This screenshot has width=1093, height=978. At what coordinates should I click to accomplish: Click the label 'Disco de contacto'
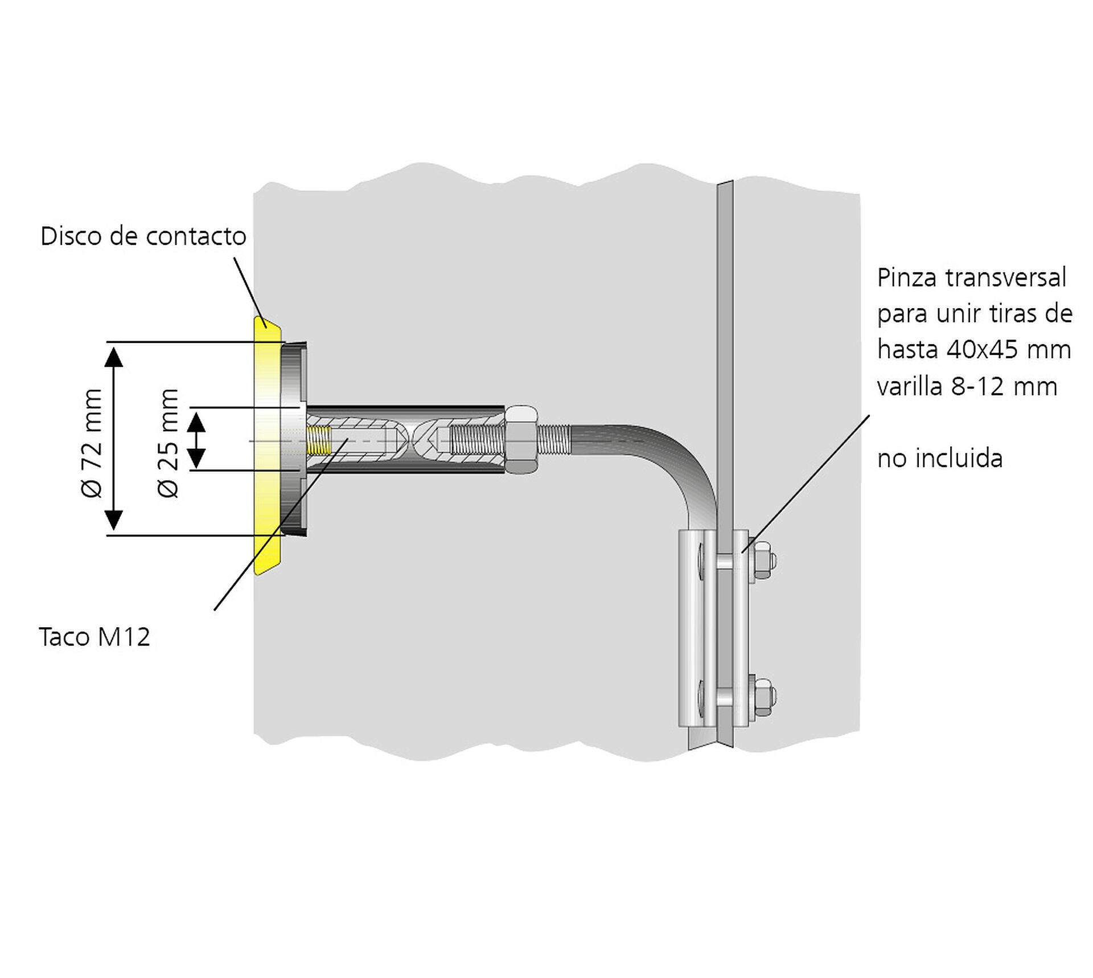(x=143, y=236)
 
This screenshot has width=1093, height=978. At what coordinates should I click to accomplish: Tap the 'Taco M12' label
(x=94, y=637)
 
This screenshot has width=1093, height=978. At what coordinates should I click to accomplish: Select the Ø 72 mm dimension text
(x=92, y=443)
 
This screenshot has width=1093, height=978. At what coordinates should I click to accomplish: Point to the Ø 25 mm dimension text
(x=168, y=443)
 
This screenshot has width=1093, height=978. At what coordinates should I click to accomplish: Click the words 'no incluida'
(x=940, y=459)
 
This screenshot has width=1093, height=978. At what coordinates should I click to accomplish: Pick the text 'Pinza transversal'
(x=971, y=278)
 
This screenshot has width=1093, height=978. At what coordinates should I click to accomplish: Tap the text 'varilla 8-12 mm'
(x=967, y=387)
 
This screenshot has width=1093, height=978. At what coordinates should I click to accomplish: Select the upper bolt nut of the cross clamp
(x=762, y=561)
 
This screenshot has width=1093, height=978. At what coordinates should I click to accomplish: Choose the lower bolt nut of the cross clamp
(x=762, y=697)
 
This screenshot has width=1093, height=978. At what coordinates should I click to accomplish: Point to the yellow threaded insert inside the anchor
(x=319, y=440)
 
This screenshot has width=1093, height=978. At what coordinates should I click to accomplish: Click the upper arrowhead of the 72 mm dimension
(x=114, y=356)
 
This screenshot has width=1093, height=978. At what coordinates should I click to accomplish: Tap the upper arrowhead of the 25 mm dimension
(x=196, y=422)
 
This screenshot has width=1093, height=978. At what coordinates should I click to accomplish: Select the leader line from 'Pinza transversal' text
(x=806, y=484)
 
